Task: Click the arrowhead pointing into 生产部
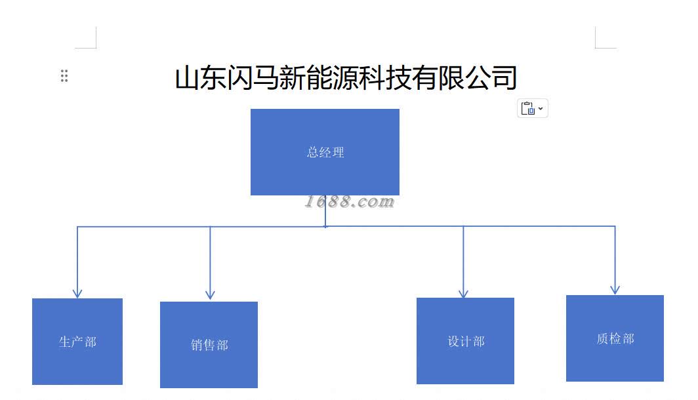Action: click(x=77, y=293)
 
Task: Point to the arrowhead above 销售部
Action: click(x=210, y=295)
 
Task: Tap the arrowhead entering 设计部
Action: click(x=463, y=293)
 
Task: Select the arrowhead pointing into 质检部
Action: click(x=615, y=289)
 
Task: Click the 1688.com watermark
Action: click(x=350, y=202)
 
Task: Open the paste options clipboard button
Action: click(x=528, y=109)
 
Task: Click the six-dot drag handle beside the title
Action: click(x=64, y=75)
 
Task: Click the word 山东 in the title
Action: click(x=200, y=77)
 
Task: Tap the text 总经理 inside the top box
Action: click(x=325, y=152)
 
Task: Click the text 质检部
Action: click(x=615, y=338)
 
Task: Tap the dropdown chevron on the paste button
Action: click(x=541, y=108)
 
